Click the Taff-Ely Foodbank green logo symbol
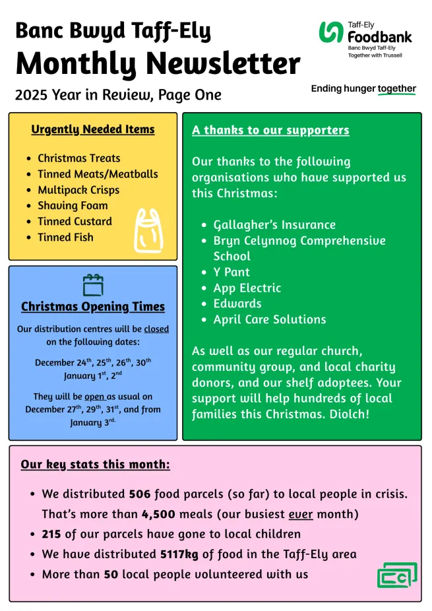[331, 32]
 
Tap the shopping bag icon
[148, 230]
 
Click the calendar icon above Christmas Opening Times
[93, 284]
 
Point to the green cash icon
[397, 575]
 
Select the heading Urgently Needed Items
[93, 129]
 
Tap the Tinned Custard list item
[75, 222]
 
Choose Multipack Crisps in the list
[78, 190]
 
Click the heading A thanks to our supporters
[270, 130]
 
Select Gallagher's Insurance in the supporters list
[274, 225]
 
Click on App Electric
[247, 288]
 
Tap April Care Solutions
[270, 319]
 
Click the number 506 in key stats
[140, 494]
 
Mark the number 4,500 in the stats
[158, 514]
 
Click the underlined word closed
[156, 329]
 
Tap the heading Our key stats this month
[95, 465]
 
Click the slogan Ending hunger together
[363, 88]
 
